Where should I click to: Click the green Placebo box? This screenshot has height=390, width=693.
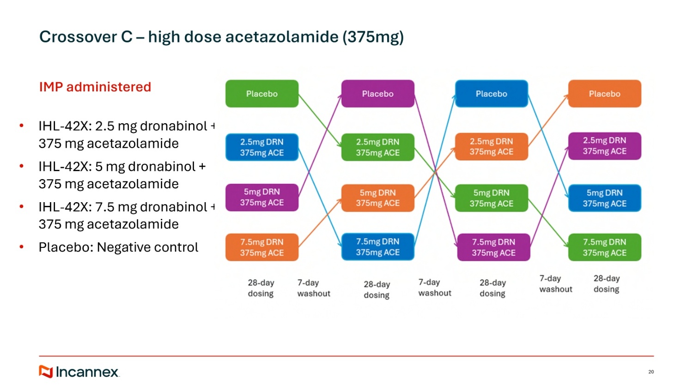coord(262,94)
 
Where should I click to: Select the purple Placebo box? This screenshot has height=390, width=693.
coord(377,94)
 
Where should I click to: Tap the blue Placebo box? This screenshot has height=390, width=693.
coord(491,94)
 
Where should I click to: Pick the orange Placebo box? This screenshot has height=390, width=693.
coord(604,94)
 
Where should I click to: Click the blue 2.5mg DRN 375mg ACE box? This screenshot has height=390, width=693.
coord(262,147)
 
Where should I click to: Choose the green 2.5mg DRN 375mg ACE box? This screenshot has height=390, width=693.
coord(377,147)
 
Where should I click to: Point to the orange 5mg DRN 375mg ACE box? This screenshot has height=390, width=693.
coord(377,198)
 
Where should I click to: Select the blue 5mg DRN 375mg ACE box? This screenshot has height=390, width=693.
coord(604,198)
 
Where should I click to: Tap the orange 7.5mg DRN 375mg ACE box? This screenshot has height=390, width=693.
coord(262,247)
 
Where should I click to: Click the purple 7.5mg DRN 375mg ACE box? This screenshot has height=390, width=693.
coord(493,247)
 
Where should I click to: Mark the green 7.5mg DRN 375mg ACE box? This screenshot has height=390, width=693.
coord(604,247)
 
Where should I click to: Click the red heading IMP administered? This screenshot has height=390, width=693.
coord(95,87)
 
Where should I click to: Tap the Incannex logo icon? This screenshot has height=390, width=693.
coord(46,372)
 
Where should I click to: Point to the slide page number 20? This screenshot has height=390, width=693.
coord(651,372)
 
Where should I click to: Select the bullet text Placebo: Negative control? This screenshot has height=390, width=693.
coord(118,247)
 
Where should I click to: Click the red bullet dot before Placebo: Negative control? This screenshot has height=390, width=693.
coord(21,247)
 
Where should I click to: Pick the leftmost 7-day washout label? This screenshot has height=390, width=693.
coord(314,288)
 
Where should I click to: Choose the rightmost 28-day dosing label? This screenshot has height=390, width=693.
coord(606,284)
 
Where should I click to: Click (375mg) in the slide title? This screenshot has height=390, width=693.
coord(373,37)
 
